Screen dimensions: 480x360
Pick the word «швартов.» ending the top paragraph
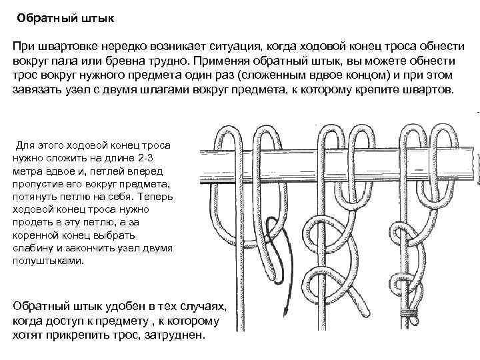click(x=427, y=89)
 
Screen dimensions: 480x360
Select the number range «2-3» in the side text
click(x=158, y=157)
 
